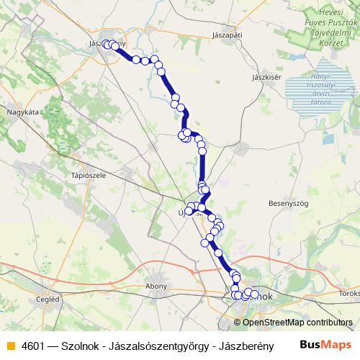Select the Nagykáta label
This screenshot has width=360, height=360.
tap(22, 112)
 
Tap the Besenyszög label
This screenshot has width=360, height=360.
tap(288, 204)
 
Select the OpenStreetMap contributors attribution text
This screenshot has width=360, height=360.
tap(297, 323)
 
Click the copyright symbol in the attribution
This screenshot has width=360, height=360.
tap(238, 323)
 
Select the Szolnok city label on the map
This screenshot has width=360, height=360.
tap(261, 296)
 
